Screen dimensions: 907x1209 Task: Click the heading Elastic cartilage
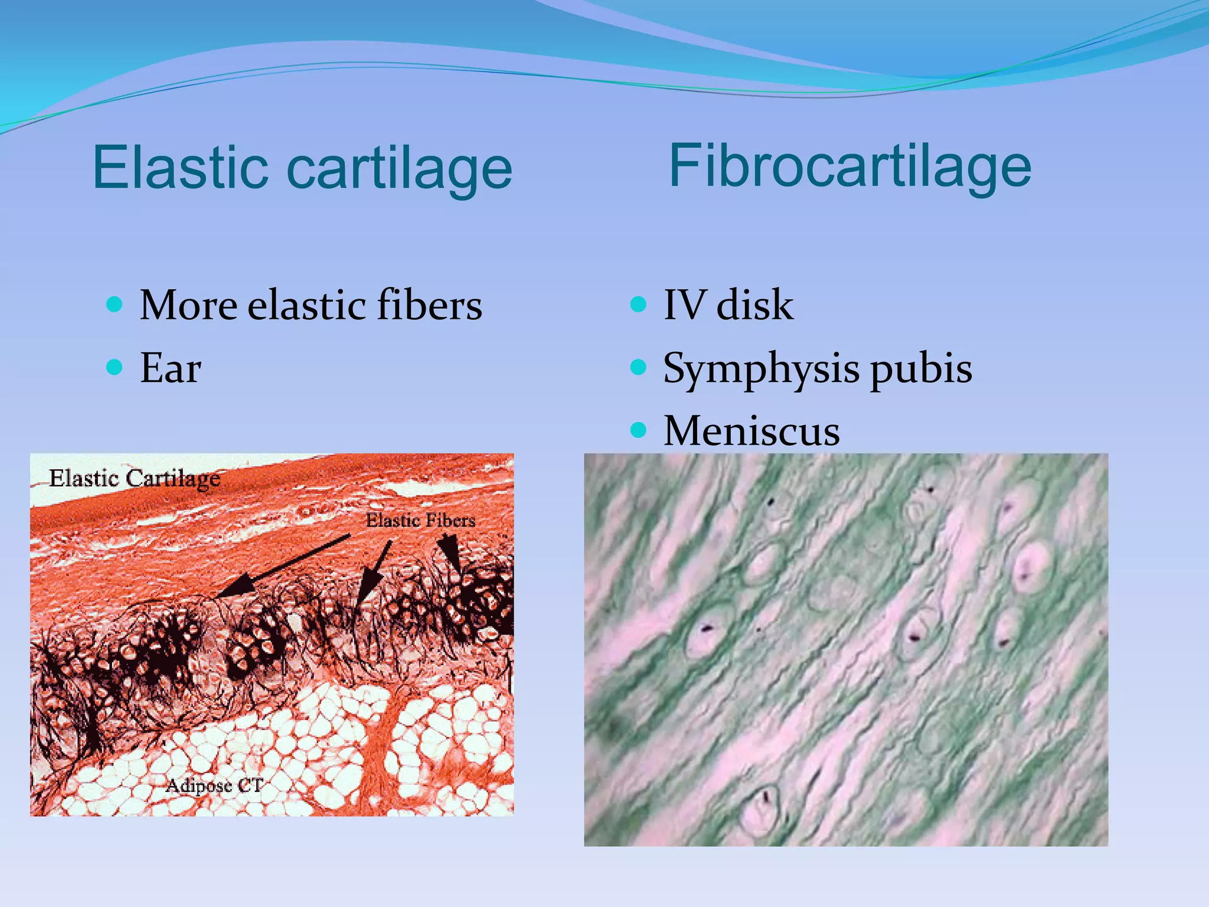coord(302,168)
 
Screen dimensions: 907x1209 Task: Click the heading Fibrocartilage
coord(849,167)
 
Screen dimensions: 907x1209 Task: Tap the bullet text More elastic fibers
coord(311,305)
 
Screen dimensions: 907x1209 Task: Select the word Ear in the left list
coord(171,368)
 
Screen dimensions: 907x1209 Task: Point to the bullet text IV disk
coord(728,305)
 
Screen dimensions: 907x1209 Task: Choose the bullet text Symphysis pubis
coord(818,368)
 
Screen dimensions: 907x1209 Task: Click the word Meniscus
coord(751,431)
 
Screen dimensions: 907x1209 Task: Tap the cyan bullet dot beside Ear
coord(115,367)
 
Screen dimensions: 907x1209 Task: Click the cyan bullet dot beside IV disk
coord(638,305)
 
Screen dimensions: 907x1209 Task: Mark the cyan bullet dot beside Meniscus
coord(638,430)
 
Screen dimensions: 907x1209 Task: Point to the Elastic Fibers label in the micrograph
coord(420,520)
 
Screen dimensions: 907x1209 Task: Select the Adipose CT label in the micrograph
coord(214,785)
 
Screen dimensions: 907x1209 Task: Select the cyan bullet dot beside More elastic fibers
coord(115,305)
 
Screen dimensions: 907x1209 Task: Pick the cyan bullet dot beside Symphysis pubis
coord(638,367)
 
